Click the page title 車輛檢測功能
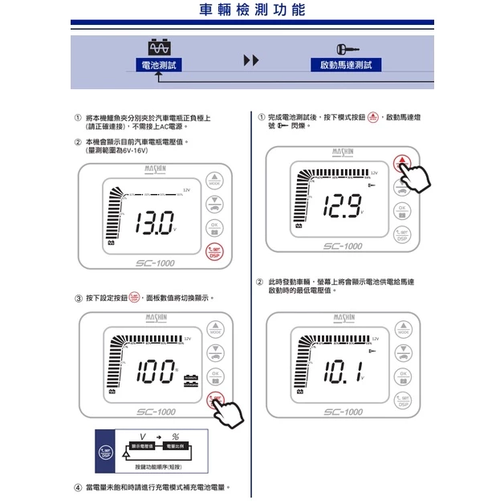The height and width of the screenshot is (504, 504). click(x=251, y=12)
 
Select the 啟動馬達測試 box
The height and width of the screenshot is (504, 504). click(x=345, y=64)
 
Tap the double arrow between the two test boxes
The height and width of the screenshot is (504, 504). click(x=251, y=61)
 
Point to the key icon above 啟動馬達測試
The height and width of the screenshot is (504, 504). click(x=348, y=47)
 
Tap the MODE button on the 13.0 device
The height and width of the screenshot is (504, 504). click(x=214, y=181)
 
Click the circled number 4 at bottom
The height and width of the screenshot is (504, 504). click(x=77, y=487)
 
